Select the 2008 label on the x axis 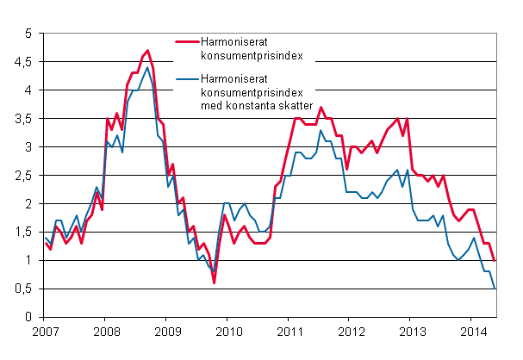[106, 332]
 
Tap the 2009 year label [167, 332]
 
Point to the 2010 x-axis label [228, 332]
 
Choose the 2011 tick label [290, 332]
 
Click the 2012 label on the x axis [351, 332]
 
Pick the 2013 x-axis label [412, 332]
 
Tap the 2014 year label [473, 332]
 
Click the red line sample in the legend [190, 41]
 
